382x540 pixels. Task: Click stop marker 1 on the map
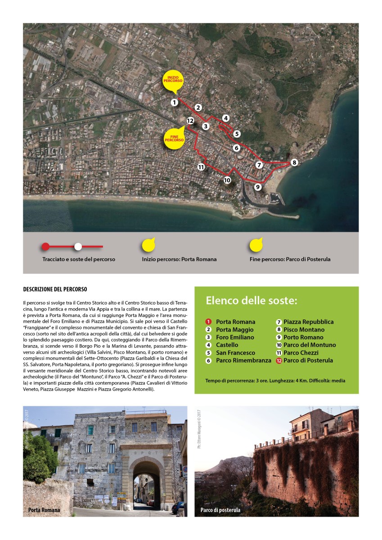pos(174,103)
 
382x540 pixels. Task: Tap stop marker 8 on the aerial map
pos(294,162)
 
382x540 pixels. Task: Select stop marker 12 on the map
pos(190,121)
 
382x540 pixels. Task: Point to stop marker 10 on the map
pos(227,180)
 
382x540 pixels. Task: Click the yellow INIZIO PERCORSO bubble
pos(173,81)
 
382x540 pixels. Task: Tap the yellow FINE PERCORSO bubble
pos(174,138)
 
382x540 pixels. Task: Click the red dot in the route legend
pos(45,246)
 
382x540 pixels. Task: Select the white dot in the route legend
pos(78,246)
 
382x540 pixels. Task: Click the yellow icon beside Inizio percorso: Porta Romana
pos(148,246)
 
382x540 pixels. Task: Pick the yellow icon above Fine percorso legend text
pos(256,246)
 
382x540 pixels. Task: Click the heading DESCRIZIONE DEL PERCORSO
pos(54,289)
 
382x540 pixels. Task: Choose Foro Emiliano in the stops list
pos(235,337)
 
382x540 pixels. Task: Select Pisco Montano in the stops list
pos(304,329)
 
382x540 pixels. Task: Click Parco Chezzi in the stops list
pos(301,353)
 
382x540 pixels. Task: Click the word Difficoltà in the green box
pos(319,381)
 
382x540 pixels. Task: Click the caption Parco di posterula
pos(220,510)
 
